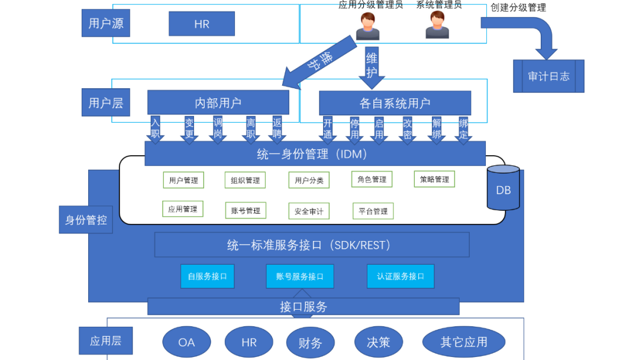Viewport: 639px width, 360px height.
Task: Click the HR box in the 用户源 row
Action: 202,24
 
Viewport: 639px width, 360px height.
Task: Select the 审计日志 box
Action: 548,76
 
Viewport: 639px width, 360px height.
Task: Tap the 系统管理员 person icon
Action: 437,25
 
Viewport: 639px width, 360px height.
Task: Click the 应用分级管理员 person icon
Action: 367,26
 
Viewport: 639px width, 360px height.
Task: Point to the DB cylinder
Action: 503,188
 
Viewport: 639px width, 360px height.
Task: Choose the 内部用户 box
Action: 218,102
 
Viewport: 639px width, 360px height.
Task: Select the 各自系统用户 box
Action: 395,103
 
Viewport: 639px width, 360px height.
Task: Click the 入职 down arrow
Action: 156,130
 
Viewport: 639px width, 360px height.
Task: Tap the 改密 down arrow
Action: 408,130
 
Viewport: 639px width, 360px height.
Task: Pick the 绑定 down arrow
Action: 464,130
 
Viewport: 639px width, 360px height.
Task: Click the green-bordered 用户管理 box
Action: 183,180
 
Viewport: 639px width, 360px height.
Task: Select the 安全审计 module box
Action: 309,211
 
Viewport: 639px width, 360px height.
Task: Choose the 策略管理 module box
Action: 434,179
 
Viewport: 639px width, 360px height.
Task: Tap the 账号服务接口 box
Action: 300,277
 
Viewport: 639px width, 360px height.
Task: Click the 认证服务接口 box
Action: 401,276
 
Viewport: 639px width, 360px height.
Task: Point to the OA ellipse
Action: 186,342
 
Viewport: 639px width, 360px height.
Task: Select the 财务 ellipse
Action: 311,342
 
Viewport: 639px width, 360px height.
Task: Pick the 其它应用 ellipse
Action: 464,342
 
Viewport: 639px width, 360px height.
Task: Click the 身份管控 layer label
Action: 86,220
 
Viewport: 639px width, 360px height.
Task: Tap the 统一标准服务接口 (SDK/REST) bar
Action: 312,245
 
